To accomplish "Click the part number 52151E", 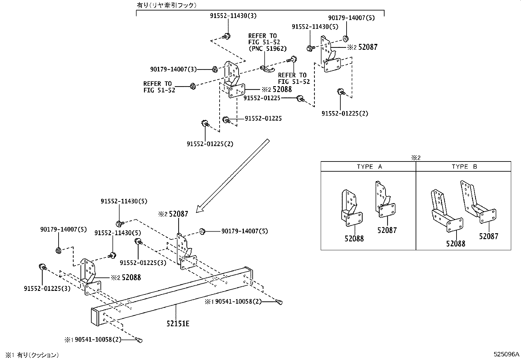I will tap(178, 324).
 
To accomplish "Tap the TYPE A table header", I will tap(369, 167).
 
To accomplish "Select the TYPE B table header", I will tap(464, 167).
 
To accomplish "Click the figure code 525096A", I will tap(506, 354).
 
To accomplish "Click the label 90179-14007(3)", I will tap(173, 69).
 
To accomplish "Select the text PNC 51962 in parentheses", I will tap(267, 48).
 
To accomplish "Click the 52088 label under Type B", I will tap(456, 243).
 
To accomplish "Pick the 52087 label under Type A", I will tap(387, 230).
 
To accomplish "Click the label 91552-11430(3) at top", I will tap(233, 15).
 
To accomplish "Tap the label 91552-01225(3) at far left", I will tap(47, 289).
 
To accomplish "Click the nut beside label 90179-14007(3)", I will tap(215, 69).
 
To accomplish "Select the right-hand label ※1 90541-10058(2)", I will tap(233, 301).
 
